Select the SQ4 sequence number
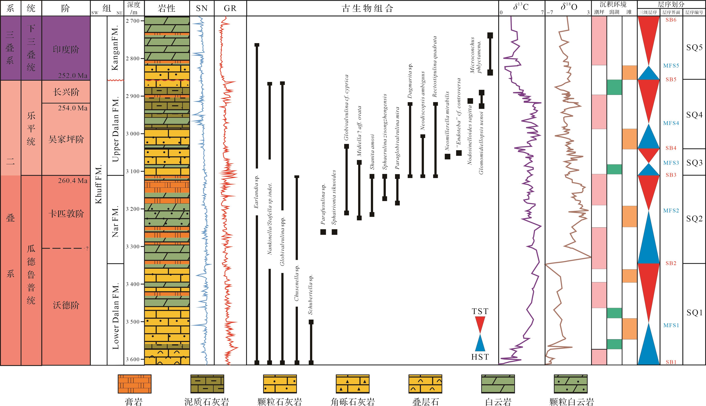tap(694, 115)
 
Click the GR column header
tap(230, 8)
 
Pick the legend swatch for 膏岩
tap(134, 384)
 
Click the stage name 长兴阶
tap(66, 92)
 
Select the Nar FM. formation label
tap(115, 222)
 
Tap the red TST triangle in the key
tap(480, 325)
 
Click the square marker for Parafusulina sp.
tap(323, 232)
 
